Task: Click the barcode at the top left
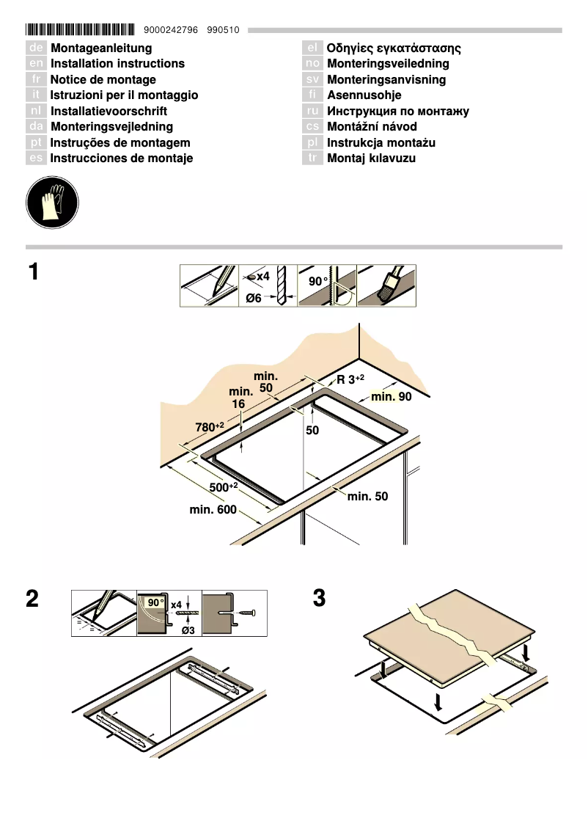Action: pos(80,29)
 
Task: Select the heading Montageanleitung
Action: pos(100,48)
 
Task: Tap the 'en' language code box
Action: pos(37,64)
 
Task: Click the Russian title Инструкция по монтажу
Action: pos(397,112)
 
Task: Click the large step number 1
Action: pos(33,273)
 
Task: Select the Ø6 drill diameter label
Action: pos(254,298)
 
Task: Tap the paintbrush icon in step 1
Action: pos(387,285)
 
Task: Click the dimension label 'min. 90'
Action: pos(392,397)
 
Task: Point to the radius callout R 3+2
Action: pos(350,379)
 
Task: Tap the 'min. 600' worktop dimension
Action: pos(213,509)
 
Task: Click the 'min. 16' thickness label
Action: pos(240,398)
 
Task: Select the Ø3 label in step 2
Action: pos(188,630)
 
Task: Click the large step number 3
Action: pos(318,599)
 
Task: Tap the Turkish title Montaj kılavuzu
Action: pos(371,158)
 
